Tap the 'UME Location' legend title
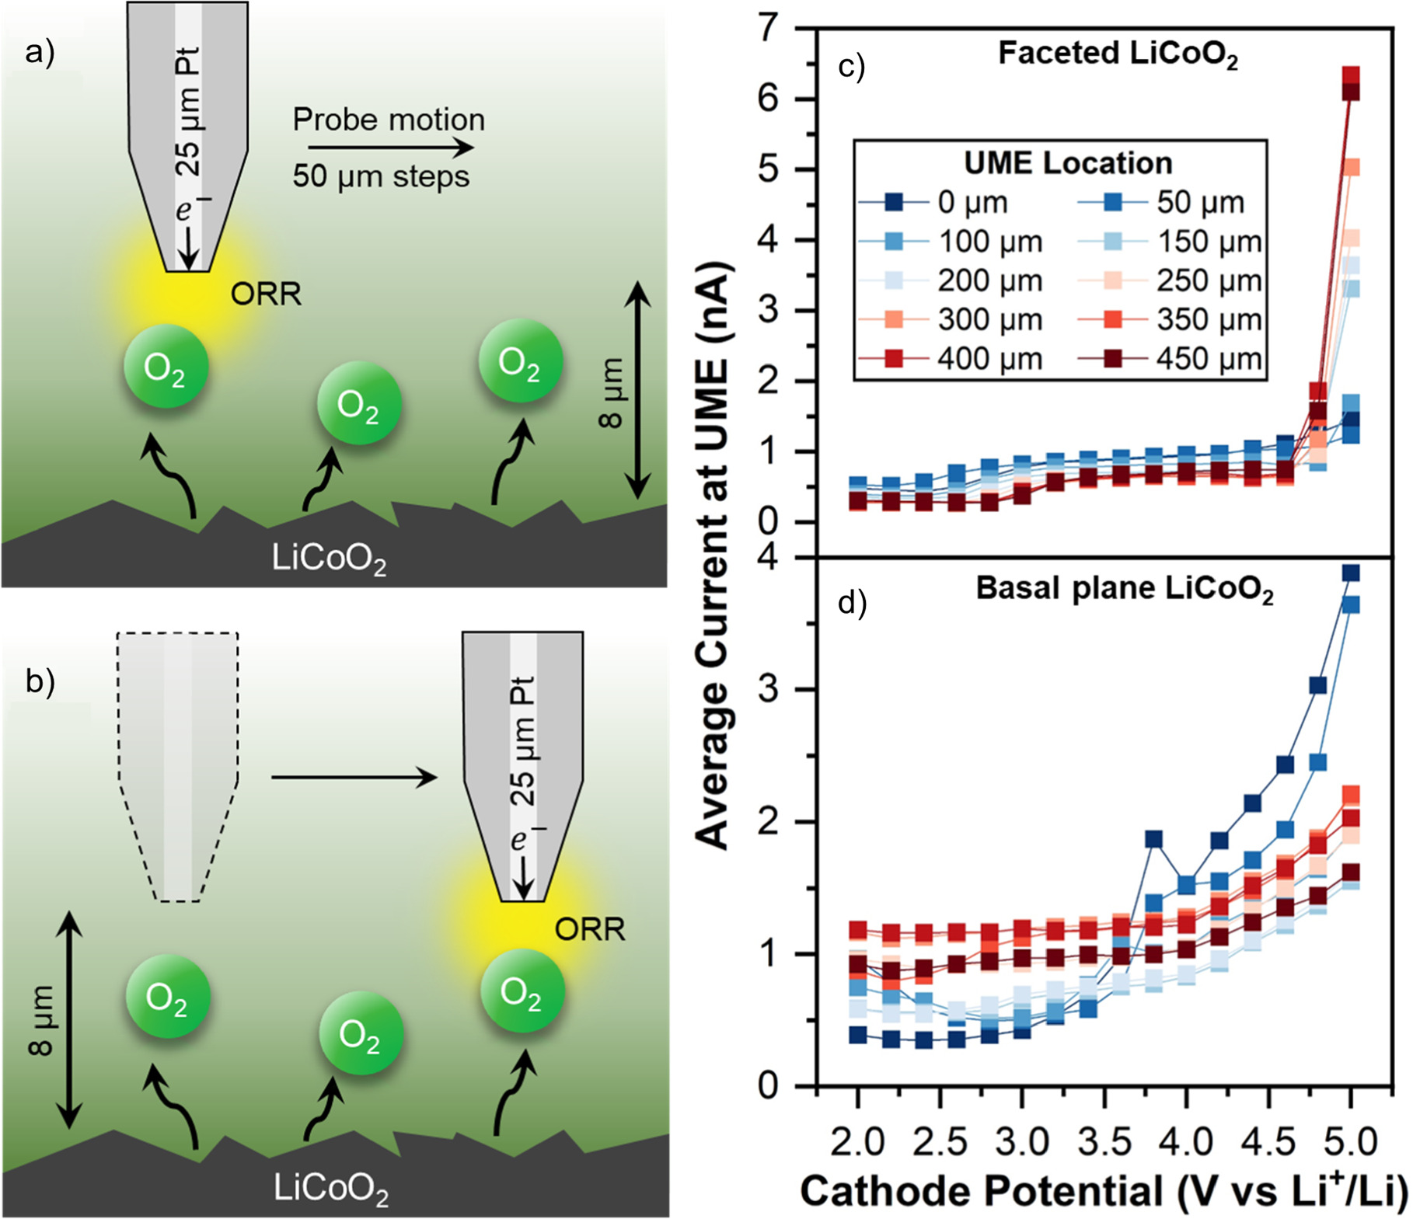pos(1068,163)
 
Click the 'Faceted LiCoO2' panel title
pos(1117,54)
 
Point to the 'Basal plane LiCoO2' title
pos(1124,589)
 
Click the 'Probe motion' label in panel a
pos(389,120)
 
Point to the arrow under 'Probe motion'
pos(390,148)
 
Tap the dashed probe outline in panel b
pos(177,765)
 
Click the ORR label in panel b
pos(589,929)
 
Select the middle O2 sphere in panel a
pos(358,405)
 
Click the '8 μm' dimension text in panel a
pos(611,393)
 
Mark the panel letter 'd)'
pos(852,603)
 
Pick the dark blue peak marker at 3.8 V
pos(1153,839)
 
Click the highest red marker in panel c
pos(1351,75)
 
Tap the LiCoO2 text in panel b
pos(330,1188)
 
